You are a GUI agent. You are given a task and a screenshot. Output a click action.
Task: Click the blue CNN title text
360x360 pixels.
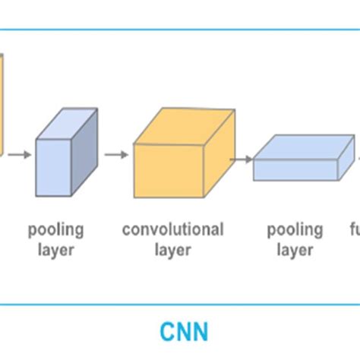185,333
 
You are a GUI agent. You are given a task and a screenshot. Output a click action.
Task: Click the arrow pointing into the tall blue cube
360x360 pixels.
22,155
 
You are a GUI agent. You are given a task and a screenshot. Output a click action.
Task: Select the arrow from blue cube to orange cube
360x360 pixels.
116,155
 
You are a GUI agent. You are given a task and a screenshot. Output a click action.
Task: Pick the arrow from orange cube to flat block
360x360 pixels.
242,159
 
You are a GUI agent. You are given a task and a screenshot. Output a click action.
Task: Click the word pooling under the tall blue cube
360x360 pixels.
55,229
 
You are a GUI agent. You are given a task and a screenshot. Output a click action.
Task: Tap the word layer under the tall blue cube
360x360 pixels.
55,249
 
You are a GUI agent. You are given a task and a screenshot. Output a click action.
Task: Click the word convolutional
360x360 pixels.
172,229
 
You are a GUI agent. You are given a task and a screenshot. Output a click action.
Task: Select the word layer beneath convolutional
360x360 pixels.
172,249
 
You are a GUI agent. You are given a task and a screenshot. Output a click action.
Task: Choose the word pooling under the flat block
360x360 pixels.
295,229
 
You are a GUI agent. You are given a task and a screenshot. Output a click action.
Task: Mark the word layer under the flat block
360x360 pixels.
295,249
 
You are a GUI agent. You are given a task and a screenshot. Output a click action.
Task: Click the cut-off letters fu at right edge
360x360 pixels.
354,229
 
